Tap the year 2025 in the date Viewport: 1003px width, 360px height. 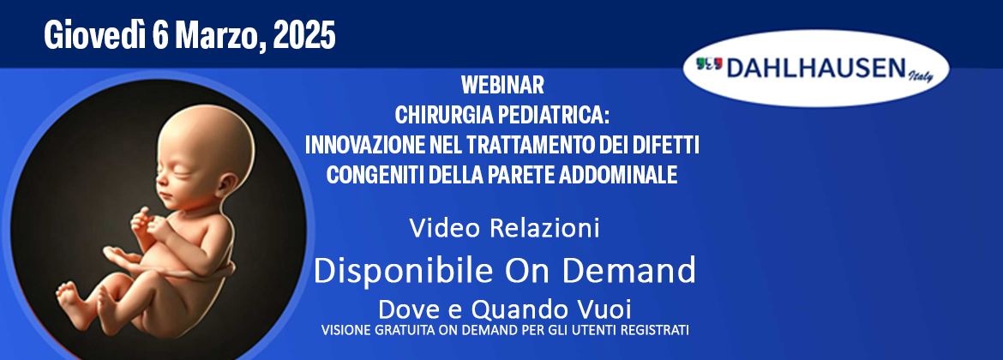click(x=304, y=36)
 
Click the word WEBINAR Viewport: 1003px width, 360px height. click(x=502, y=84)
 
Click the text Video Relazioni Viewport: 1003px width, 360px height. click(x=504, y=228)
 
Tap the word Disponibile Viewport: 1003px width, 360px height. click(x=402, y=271)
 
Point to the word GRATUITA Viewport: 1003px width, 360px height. click(x=399, y=331)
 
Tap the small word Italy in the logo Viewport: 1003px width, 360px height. click(x=921, y=77)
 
